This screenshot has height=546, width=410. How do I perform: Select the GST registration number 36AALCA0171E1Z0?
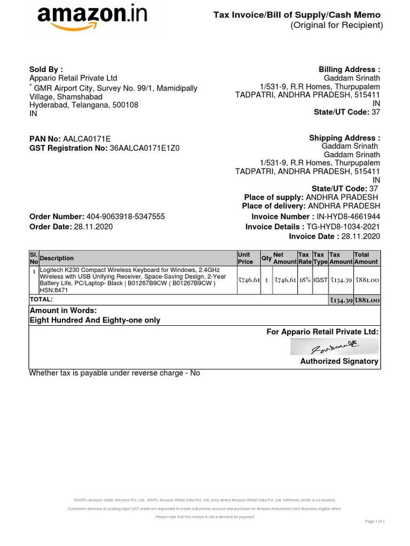pos(145,148)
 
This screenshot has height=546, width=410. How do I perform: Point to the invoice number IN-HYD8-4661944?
pos(348,216)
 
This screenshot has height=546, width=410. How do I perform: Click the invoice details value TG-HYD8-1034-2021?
pos(343,227)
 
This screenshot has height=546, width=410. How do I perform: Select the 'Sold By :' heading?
pos(46,69)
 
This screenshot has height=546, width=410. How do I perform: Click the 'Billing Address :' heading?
pos(349,69)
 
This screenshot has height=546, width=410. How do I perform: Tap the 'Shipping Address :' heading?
pos(344,138)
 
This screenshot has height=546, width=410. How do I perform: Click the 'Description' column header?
pos(57,258)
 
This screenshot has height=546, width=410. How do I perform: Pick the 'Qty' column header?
pos(266,258)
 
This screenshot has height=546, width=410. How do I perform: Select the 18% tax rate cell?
pos(304,280)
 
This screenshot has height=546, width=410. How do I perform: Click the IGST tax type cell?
pos(320,280)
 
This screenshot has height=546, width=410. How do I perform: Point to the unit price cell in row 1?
pos(249,280)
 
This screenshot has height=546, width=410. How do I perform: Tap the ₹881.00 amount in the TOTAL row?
pos(367,300)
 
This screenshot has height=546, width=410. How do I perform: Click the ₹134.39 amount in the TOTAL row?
pos(340,300)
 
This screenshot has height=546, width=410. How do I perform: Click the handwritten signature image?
pos(335,348)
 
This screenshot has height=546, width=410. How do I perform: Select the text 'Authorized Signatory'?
pos(339,361)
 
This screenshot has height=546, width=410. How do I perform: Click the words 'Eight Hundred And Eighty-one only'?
pos(94,320)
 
